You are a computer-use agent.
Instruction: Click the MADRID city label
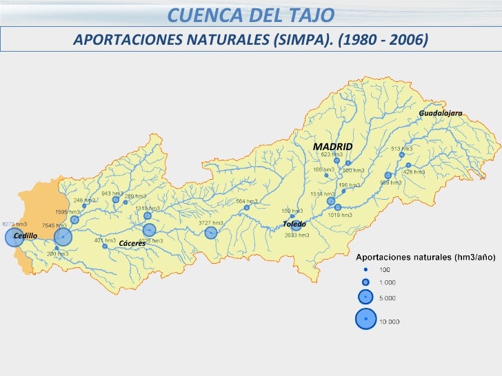(x=332, y=147)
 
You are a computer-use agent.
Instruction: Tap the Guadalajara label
(x=440, y=112)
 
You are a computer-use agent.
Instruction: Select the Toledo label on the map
(x=294, y=224)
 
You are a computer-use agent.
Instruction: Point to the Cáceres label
(x=132, y=244)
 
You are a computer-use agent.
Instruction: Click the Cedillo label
(x=26, y=236)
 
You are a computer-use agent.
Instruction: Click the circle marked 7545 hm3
(x=63, y=238)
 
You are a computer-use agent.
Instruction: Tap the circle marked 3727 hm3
(x=211, y=233)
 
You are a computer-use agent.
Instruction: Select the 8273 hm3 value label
(x=14, y=224)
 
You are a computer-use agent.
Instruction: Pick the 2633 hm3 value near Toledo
(x=297, y=235)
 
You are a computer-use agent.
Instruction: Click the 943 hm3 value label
(x=112, y=194)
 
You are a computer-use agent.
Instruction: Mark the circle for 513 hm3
(x=401, y=155)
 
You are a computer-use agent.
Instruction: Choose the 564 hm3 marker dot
(x=247, y=207)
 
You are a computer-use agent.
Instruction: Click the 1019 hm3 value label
(x=340, y=216)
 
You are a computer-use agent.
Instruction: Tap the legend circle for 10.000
(x=365, y=319)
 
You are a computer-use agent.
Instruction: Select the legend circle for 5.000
(x=365, y=297)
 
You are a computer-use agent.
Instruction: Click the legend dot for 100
(x=365, y=269)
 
